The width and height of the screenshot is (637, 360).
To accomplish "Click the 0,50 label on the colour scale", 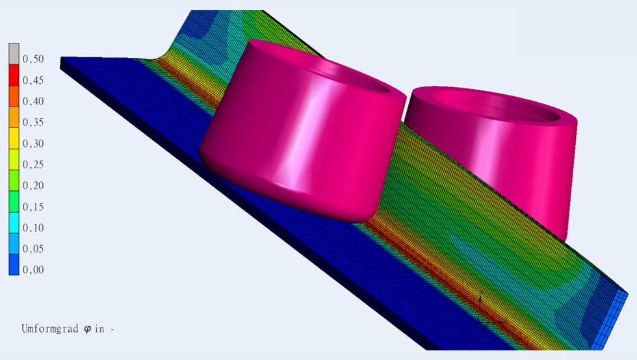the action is pos(33,59).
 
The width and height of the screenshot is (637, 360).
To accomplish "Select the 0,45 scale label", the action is pos(33,81).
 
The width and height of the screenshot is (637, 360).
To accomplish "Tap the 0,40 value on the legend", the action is pos(33,101).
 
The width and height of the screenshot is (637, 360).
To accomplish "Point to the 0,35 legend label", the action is pos(33,122).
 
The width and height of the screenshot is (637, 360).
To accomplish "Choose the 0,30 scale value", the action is pos(33,144).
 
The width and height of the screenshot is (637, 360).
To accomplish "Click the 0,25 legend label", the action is pos(33,164).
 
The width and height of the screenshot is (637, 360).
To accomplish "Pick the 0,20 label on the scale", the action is pos(33,186).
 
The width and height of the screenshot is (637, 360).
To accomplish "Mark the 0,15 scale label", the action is pos(33,207).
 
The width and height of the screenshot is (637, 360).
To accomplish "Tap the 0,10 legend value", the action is pos(33,228).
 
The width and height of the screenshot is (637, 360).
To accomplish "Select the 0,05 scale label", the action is pos(33,249).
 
